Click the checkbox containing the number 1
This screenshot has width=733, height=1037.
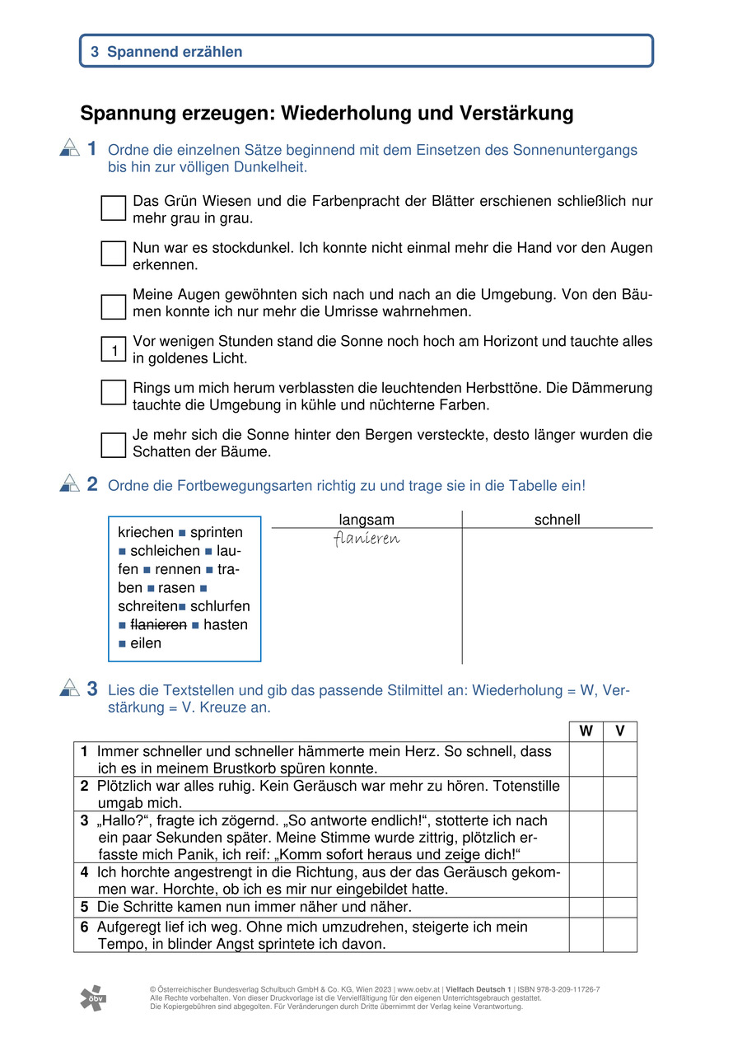[114, 349]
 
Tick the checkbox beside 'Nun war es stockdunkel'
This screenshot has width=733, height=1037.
[114, 254]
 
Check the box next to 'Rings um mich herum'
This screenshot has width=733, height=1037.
[114, 392]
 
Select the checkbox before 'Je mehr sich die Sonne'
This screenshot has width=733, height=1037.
[114, 445]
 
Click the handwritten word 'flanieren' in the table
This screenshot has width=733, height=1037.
[366, 539]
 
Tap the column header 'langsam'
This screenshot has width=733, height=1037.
[366, 520]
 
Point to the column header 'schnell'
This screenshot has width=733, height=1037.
[558, 520]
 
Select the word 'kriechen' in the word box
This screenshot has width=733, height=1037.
[146, 532]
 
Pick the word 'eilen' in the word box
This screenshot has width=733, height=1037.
[146, 643]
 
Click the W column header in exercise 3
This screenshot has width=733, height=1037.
[586, 731]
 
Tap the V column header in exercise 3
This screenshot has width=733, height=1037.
[619, 731]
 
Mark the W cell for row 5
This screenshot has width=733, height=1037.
[586, 907]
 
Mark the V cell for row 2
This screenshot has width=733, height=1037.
[619, 794]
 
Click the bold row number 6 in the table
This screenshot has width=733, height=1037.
[85, 927]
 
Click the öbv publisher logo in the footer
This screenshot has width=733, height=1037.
[93, 997]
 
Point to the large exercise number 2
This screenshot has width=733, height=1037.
[92, 484]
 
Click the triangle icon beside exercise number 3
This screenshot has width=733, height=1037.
[69, 688]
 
